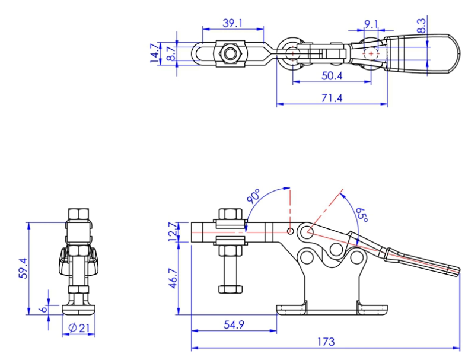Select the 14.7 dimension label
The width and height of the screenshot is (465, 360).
[155, 53]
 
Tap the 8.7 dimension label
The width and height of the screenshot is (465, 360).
[170, 53]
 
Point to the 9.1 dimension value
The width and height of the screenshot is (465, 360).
[371, 24]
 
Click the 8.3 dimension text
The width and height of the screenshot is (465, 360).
[422, 25]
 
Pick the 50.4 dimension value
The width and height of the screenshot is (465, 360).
[332, 75]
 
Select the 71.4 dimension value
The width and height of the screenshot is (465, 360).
[332, 98]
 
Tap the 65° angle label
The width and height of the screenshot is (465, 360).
[361, 215]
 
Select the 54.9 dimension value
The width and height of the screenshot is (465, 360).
[234, 324]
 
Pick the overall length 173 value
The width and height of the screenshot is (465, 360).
[326, 342]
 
